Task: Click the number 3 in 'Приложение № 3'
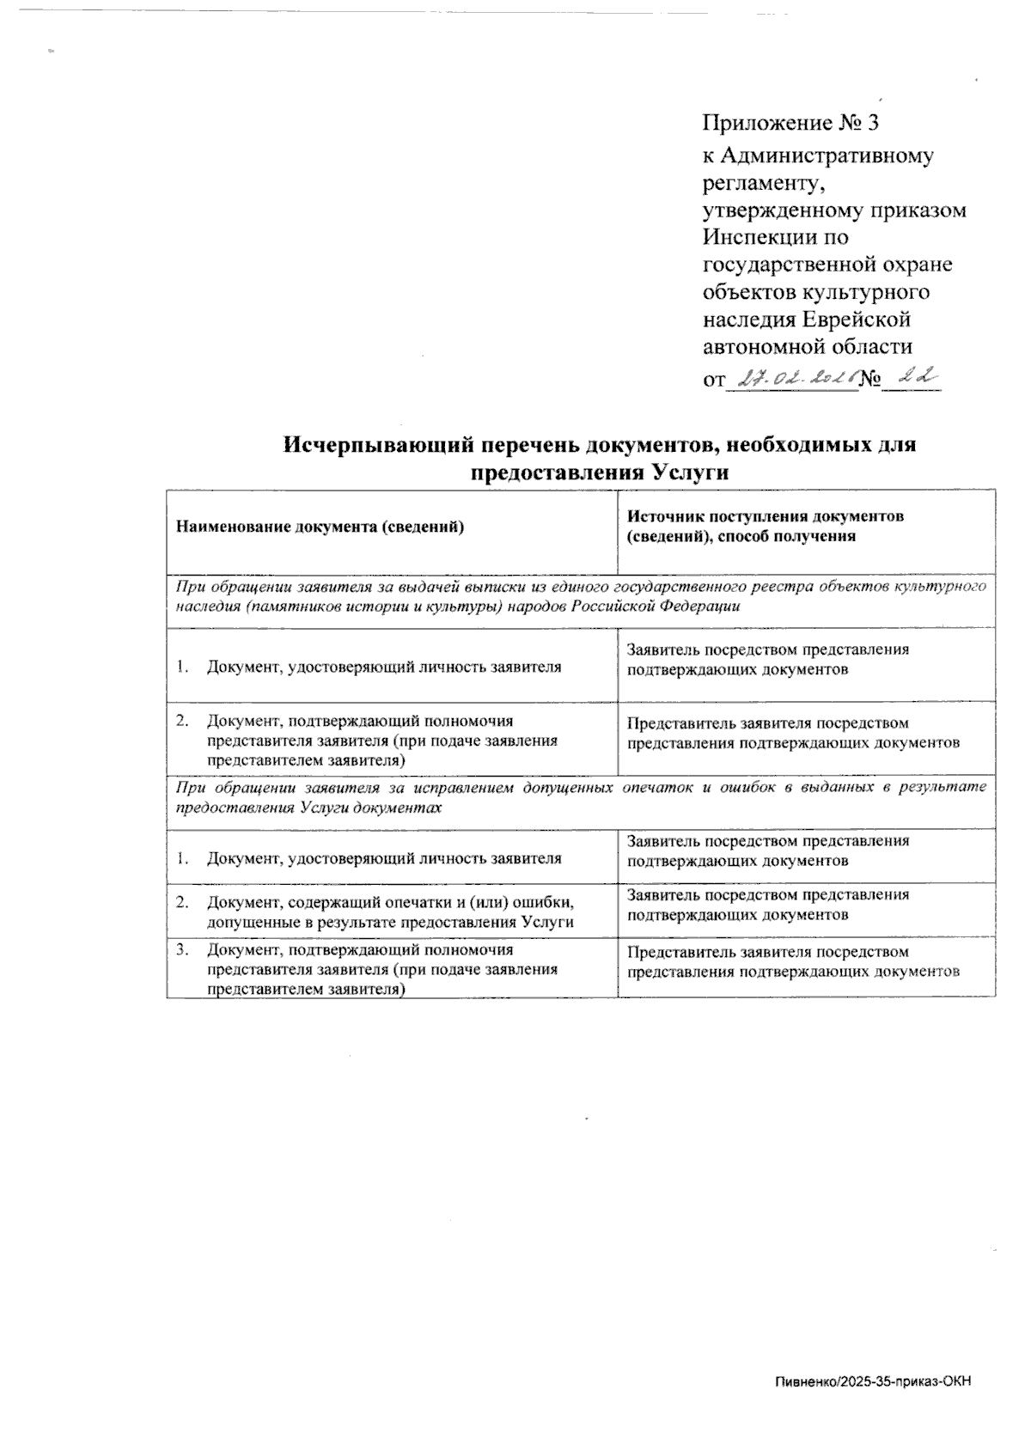click(873, 123)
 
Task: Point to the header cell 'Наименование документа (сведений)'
click(320, 527)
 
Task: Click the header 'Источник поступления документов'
click(766, 517)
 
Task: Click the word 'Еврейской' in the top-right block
click(856, 320)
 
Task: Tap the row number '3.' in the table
click(182, 950)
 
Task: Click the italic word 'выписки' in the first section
click(463, 587)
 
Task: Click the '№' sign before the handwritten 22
click(872, 379)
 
